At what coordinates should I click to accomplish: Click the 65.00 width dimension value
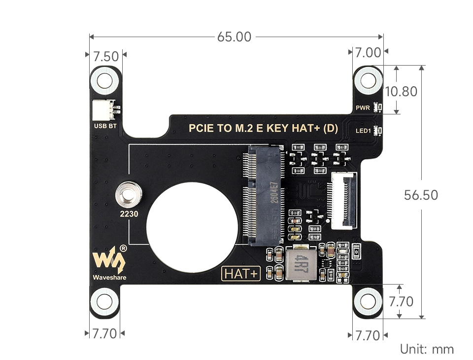(x=235, y=36)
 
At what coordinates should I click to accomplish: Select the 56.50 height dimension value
(x=421, y=195)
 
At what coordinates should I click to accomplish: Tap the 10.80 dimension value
(x=401, y=91)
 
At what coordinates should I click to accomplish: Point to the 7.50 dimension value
(x=105, y=56)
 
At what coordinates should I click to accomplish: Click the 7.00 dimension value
(x=368, y=53)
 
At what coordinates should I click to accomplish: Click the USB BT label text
(x=105, y=126)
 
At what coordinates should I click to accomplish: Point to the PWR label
(x=363, y=107)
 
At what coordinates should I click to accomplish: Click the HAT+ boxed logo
(x=241, y=274)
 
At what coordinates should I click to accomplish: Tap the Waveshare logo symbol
(x=109, y=258)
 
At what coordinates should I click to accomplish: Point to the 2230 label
(x=129, y=215)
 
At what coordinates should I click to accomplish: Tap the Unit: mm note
(x=427, y=349)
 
